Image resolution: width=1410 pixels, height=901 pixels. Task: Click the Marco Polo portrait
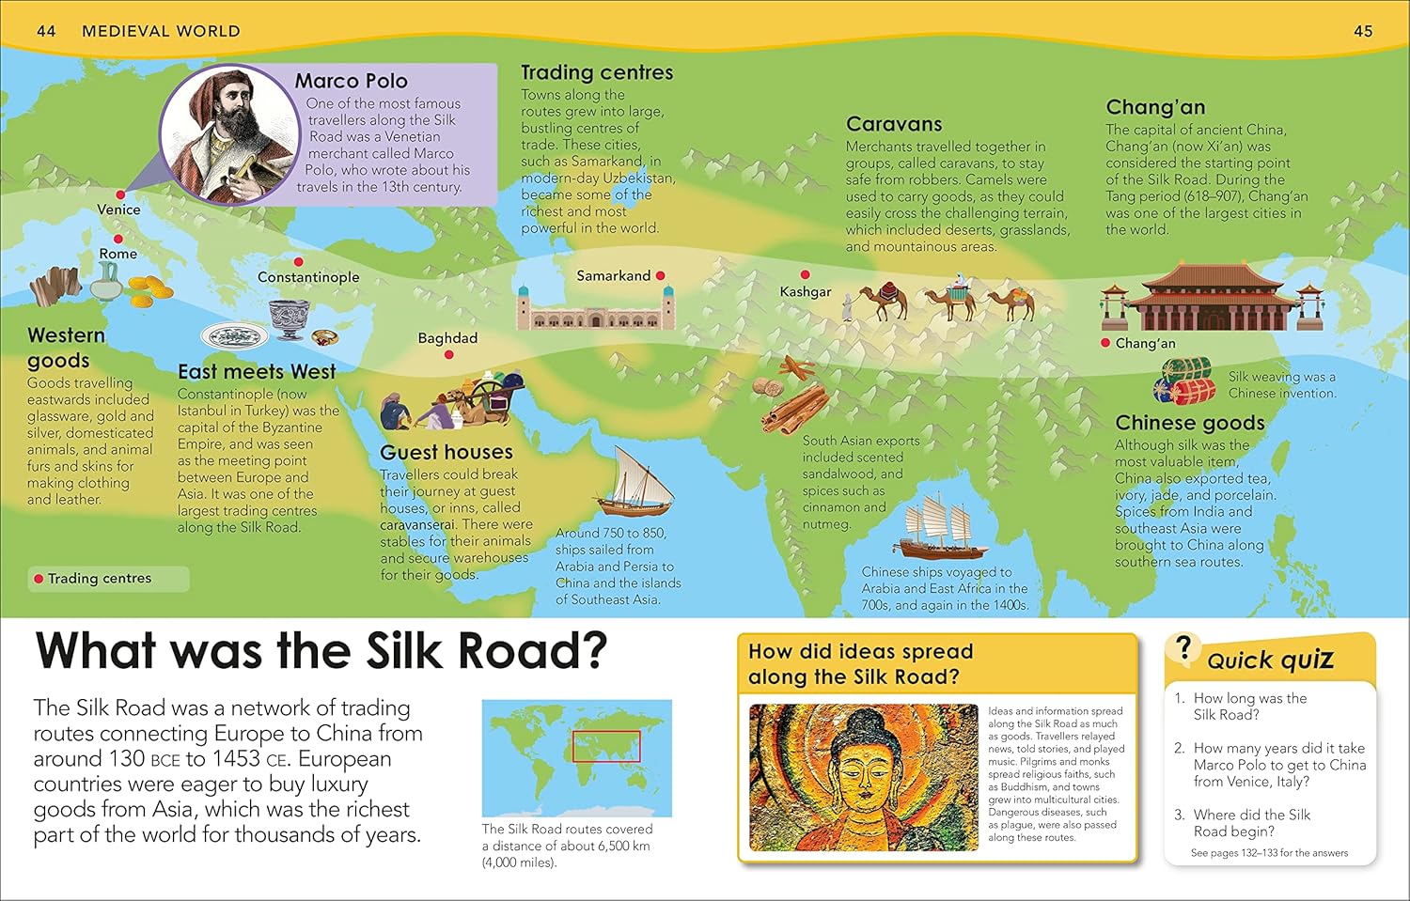(x=227, y=133)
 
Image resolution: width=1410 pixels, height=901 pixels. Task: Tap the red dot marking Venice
(x=120, y=194)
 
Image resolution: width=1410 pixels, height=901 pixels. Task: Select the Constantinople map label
(x=308, y=277)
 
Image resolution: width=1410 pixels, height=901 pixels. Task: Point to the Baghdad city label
(x=447, y=338)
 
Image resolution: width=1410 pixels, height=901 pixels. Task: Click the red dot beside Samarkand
(x=661, y=275)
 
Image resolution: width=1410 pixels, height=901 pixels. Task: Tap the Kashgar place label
(x=806, y=292)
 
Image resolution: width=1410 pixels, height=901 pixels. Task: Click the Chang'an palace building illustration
(x=1213, y=298)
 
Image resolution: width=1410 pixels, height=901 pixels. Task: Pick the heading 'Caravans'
(x=893, y=124)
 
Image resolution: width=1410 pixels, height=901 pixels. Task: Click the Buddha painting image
(x=863, y=778)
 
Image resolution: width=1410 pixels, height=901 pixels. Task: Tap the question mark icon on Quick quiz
(x=1183, y=646)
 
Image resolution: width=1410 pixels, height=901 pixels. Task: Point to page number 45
(x=1363, y=31)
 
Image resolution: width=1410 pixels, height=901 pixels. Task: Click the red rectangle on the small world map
(x=606, y=746)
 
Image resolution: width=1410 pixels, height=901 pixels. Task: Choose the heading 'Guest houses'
(x=446, y=452)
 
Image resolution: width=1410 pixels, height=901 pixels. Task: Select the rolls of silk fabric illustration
(x=1184, y=381)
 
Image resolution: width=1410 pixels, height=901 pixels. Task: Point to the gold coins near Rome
(x=149, y=291)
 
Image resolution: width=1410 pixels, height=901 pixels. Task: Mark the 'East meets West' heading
(x=257, y=372)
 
